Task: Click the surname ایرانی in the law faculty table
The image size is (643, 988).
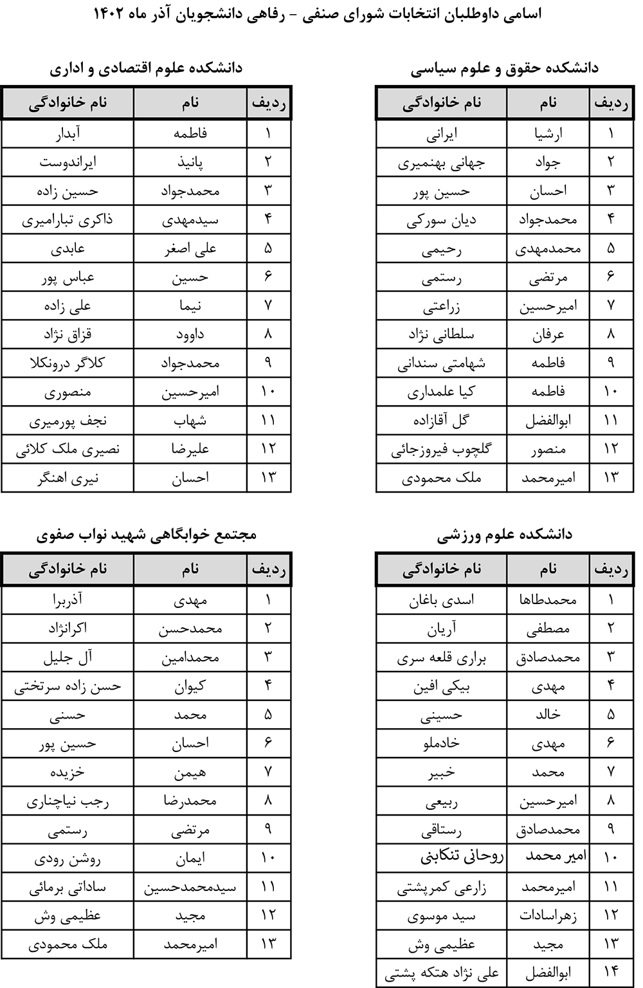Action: [x=442, y=134]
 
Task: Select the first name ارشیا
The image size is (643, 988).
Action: [x=548, y=134]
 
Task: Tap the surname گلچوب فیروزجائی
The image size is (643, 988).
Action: [x=442, y=449]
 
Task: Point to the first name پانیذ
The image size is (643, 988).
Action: [x=190, y=163]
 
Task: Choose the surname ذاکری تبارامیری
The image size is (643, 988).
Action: [x=68, y=220]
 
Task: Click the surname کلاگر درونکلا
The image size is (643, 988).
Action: [x=68, y=363]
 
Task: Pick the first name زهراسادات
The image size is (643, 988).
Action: [x=548, y=915]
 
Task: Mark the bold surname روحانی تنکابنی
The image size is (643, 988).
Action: [x=462, y=857]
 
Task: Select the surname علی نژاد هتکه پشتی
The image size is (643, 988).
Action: [x=442, y=973]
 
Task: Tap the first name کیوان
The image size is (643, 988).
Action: [x=190, y=686]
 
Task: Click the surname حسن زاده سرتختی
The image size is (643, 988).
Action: [x=68, y=686]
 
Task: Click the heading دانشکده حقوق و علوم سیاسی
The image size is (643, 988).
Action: [x=504, y=68]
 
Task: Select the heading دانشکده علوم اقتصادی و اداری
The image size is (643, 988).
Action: [x=146, y=68]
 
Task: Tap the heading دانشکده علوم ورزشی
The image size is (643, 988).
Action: [x=504, y=535]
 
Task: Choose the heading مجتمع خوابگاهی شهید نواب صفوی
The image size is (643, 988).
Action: [x=146, y=535]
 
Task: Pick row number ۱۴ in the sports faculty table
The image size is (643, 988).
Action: [x=611, y=973]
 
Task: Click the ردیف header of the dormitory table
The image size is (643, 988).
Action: [x=269, y=569]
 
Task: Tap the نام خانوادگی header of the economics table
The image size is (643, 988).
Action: [x=68, y=102]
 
